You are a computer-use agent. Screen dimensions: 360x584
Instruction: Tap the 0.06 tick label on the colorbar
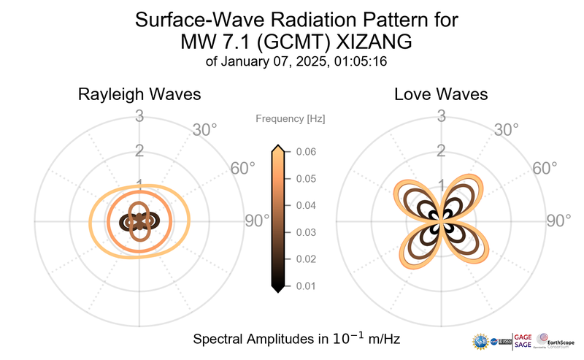306,151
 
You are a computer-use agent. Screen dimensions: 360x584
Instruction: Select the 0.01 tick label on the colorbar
306,286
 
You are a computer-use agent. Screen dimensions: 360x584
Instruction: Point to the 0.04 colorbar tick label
306,205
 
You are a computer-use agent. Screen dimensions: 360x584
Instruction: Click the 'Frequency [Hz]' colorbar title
291,118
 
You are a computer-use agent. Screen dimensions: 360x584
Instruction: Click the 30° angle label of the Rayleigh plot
204,130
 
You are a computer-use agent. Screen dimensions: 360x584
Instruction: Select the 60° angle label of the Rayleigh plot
243,168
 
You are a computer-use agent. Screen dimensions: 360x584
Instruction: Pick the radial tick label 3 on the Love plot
442,115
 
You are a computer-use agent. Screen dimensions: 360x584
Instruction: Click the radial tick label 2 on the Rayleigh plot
139,151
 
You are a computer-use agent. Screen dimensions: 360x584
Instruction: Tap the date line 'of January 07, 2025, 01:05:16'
296,62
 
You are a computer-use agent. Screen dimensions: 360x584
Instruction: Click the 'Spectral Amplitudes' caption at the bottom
296,340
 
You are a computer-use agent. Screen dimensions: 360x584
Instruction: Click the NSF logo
481,341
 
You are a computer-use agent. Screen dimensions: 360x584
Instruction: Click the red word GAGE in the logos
523,337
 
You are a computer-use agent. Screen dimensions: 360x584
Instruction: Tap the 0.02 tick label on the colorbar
306,258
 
